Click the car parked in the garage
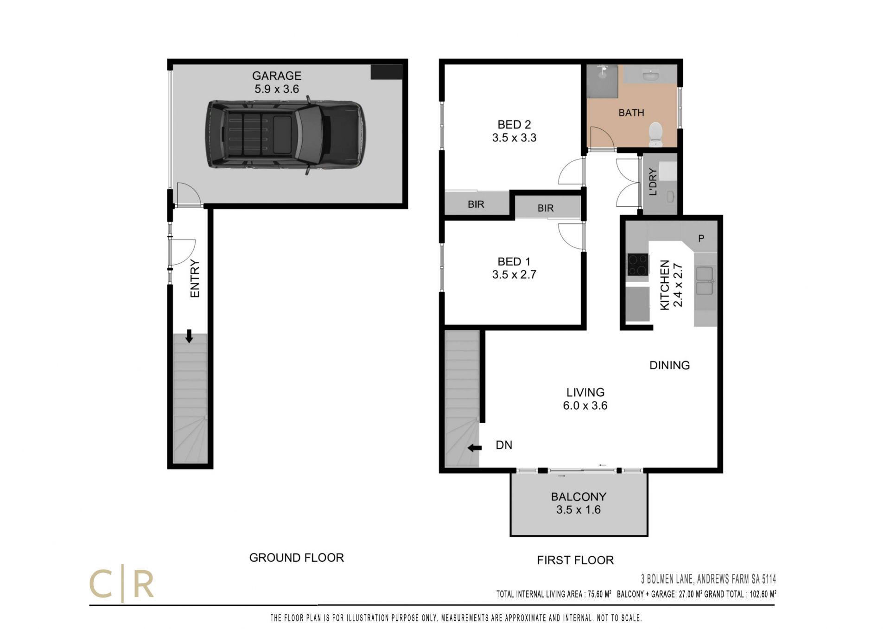(286, 135)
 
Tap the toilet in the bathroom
(656, 134)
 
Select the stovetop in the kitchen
(638, 265)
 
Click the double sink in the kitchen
(705, 281)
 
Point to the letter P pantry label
(701, 238)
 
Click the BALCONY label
(578, 496)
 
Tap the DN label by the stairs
(504, 445)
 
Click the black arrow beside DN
(475, 448)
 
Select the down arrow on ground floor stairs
(189, 336)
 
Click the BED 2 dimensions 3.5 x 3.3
(514, 138)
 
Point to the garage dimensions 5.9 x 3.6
(277, 89)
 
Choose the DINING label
(669, 365)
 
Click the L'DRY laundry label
(653, 182)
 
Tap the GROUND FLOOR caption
(297, 558)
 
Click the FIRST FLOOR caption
(575, 560)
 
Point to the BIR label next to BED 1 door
(546, 208)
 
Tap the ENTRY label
(195, 278)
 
